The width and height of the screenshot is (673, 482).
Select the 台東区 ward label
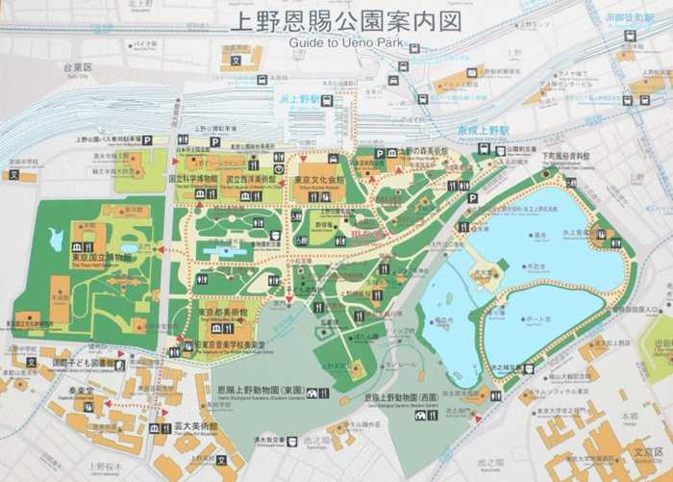[x=77, y=68]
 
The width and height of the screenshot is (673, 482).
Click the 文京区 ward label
[x=645, y=450]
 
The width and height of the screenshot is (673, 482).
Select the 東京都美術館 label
[x=223, y=313]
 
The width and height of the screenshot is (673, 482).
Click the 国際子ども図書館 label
[x=85, y=365]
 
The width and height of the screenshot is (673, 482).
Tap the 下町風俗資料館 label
[x=564, y=154]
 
